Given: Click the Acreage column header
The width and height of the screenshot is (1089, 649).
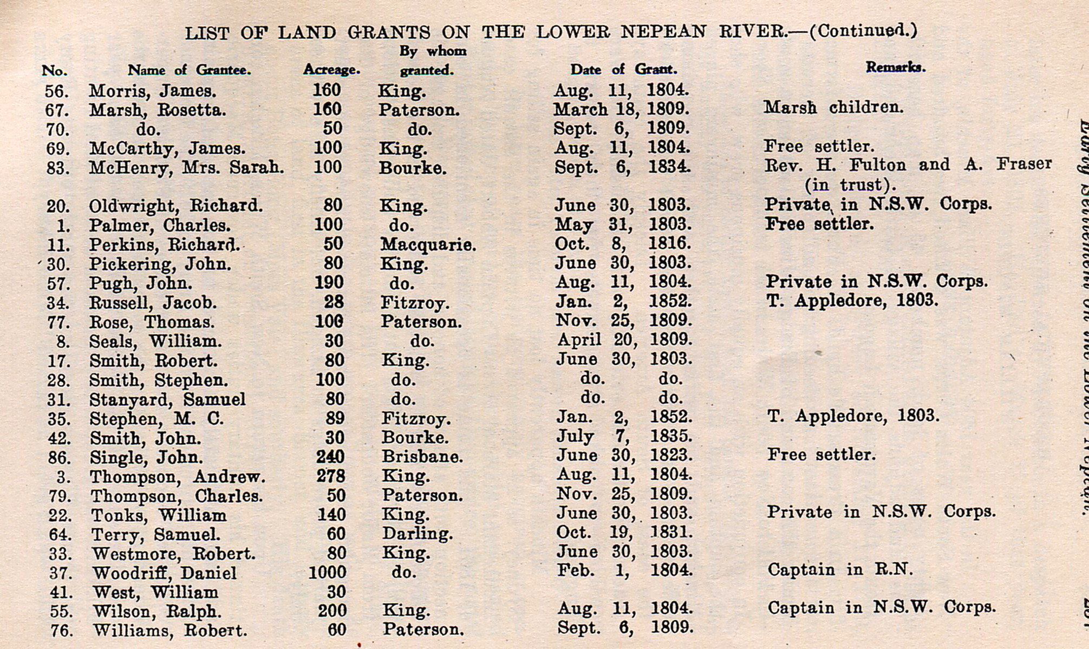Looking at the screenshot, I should tap(331, 70).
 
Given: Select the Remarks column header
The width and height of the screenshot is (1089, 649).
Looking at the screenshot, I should tap(895, 67).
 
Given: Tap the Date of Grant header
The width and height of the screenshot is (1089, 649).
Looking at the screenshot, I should tap(623, 69).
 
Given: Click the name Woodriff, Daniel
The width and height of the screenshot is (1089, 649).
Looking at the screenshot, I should tap(165, 573).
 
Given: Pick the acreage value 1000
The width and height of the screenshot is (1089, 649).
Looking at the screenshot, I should tap(327, 572).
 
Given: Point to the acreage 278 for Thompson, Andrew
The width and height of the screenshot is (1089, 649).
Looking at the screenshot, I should tap(330, 476).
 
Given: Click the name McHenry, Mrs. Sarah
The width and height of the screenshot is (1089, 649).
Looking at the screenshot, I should tap(186, 167).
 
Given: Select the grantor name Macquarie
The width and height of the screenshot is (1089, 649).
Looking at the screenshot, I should tap(428, 245).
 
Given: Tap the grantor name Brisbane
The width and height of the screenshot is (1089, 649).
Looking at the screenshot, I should tap(422, 457).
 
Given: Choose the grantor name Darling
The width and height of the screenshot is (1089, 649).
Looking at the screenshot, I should tap(418, 534).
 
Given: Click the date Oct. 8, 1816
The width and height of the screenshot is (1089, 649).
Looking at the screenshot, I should tap(623, 244).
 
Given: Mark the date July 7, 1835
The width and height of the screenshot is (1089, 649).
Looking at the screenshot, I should tap(624, 436).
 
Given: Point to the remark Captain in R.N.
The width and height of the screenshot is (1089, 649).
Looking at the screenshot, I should tap(840, 569).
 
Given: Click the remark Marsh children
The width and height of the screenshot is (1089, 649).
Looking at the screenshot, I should tap(833, 107).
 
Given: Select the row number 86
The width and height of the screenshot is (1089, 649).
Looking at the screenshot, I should tap(60, 458).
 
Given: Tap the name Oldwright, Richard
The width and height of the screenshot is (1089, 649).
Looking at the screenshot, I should tap(176, 206).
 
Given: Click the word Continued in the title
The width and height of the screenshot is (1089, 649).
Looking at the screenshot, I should tap(863, 30).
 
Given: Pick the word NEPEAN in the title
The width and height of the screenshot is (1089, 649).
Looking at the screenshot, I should tap(663, 32).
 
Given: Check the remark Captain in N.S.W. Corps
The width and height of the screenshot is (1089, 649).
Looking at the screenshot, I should tap(882, 607).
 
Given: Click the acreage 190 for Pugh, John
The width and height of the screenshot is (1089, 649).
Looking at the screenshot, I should tap(329, 283).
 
